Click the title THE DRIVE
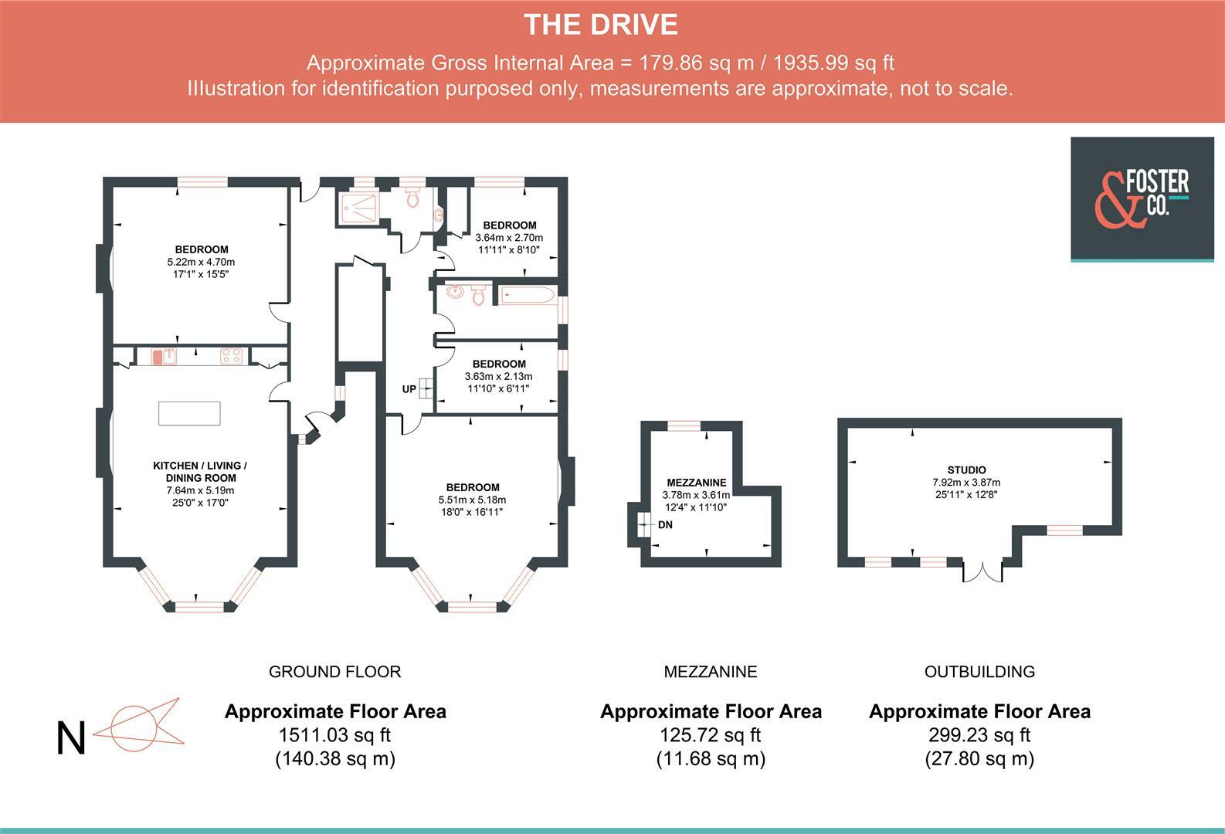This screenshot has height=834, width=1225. [600, 25]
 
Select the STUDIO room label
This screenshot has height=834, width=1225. [967, 470]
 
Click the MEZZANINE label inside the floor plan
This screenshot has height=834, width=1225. [696, 483]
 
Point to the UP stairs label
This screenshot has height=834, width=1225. [409, 389]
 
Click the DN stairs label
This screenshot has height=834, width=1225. [665, 525]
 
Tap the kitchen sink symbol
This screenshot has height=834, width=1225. [164, 357]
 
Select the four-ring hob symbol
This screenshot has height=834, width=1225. [231, 356]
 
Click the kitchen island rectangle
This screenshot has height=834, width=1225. [189, 413]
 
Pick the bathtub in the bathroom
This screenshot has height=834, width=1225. [528, 296]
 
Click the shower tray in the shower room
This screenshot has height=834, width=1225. [358, 208]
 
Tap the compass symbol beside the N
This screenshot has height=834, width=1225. [139, 725]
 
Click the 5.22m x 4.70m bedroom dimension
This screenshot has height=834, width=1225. [202, 262]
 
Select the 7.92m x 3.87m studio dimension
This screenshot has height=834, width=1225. [966, 483]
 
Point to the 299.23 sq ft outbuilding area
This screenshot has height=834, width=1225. [979, 735]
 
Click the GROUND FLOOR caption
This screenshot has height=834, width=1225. [334, 672]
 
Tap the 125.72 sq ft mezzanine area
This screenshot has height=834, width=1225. [711, 735]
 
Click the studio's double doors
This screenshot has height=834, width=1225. [982, 572]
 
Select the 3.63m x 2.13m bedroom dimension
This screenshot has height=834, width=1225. [498, 376]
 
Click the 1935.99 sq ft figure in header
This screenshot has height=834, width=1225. [833, 63]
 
